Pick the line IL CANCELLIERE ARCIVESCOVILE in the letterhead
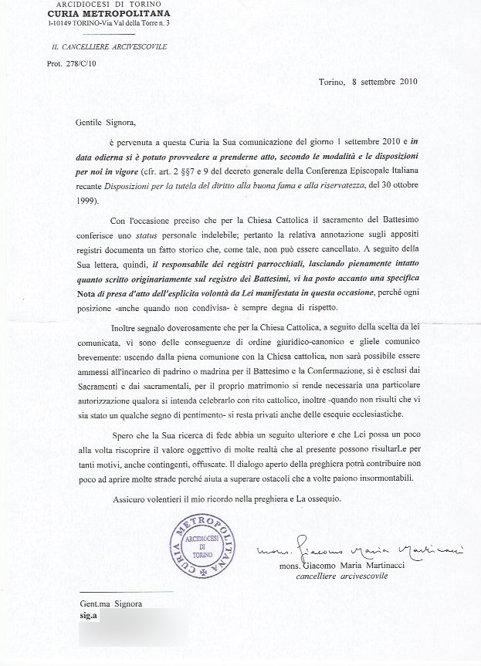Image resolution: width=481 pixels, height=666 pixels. tap(104, 47)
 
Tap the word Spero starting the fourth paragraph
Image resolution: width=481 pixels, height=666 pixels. tap(124, 436)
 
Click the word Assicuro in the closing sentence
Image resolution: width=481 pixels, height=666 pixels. tap(131, 499)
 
